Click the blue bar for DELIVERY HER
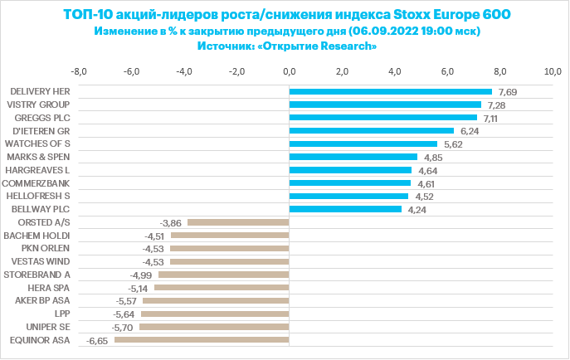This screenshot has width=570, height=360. point(390,91)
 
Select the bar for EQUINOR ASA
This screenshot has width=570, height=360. point(202,340)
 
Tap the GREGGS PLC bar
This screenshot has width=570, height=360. point(382,118)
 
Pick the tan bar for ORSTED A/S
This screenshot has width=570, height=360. point(238,222)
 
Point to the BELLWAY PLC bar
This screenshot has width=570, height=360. point(345,209)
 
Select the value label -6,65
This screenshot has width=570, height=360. point(98,341)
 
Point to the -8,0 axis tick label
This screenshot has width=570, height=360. point(79,71)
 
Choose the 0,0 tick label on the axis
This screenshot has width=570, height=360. point(290,71)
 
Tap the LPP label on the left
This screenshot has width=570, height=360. point(61,314)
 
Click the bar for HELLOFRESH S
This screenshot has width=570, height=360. point(348,196)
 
